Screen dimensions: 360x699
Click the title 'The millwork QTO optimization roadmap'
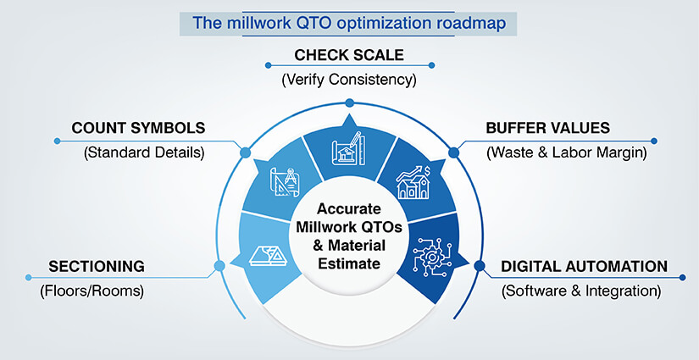pyautogui.click(x=349, y=23)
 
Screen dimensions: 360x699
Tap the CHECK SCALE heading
pyautogui.click(x=349, y=55)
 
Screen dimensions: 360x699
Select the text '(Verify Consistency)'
pyautogui.click(x=349, y=80)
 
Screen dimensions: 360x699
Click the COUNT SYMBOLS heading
pyautogui.click(x=138, y=128)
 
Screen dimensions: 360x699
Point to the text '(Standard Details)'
pyautogui.click(x=138, y=153)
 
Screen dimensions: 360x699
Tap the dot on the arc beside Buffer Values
pyautogui.click(x=453, y=153)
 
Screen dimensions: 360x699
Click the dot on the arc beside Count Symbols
pyautogui.click(x=246, y=153)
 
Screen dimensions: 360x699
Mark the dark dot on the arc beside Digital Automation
pyautogui.click(x=480, y=266)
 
